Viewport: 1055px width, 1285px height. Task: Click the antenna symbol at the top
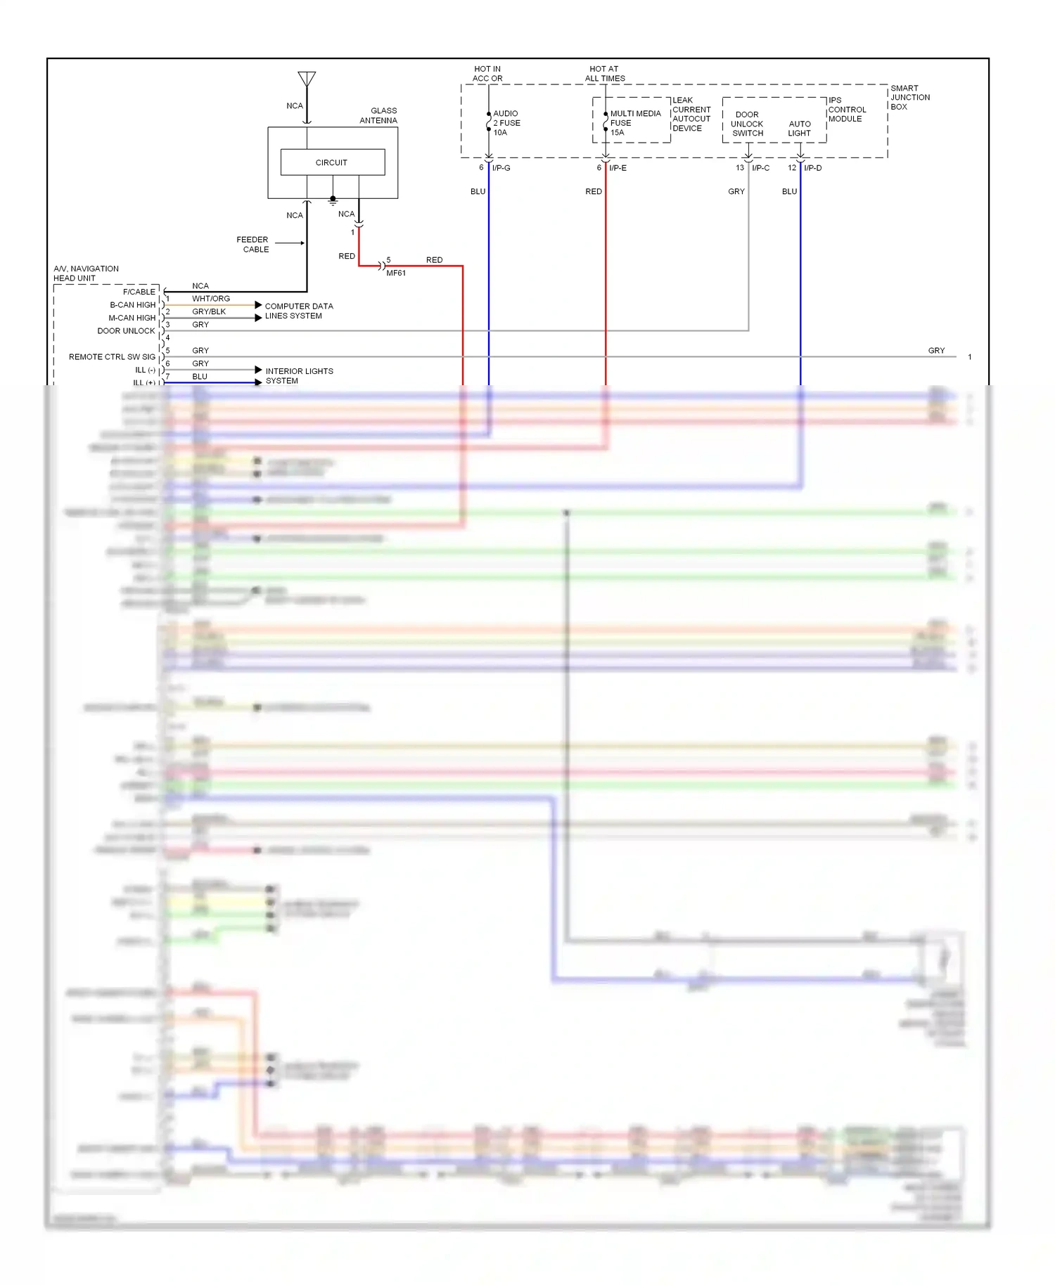click(307, 79)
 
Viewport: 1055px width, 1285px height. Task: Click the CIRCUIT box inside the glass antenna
click(332, 162)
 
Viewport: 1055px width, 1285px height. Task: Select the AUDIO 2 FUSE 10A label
click(506, 123)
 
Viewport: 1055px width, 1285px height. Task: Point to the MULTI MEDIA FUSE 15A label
click(634, 123)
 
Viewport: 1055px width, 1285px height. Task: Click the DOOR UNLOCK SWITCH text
click(747, 124)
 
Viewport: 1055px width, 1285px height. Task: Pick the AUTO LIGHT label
click(800, 129)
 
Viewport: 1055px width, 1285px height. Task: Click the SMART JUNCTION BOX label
click(909, 98)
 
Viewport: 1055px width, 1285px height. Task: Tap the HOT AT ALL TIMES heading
click(605, 74)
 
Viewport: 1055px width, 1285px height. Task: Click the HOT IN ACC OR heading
click(487, 74)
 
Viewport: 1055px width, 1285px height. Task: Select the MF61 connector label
click(396, 273)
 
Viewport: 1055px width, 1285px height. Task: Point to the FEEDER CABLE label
click(253, 245)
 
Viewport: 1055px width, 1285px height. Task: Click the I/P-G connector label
click(501, 168)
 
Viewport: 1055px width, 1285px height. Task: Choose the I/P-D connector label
click(813, 168)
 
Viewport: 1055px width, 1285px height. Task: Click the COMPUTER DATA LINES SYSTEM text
click(298, 311)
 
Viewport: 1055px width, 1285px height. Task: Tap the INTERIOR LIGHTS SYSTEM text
click(298, 376)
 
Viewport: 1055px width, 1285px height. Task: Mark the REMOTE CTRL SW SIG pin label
click(112, 357)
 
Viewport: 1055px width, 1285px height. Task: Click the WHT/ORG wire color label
click(211, 299)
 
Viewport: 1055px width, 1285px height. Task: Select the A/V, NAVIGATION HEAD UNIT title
click(86, 273)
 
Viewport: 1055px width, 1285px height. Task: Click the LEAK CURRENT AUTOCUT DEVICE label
click(691, 115)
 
